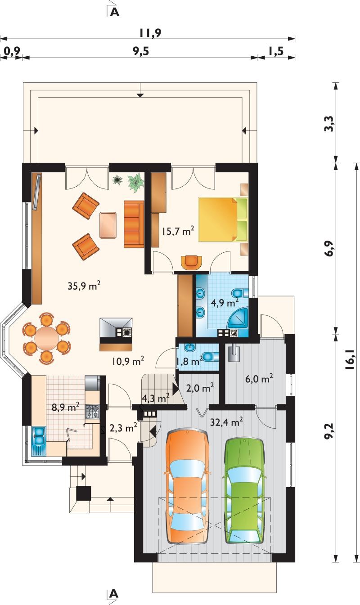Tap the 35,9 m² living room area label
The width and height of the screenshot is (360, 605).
click(84, 286)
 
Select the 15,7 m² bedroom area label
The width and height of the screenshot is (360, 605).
click(178, 231)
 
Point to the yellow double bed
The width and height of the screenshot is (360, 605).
click(223, 219)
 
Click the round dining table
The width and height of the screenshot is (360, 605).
click(46, 338)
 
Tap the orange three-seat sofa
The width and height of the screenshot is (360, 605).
click(134, 224)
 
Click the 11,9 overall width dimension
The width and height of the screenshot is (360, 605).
click(150, 33)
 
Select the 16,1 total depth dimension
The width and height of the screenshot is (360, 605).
click(351, 359)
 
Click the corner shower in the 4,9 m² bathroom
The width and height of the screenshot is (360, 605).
click(238, 318)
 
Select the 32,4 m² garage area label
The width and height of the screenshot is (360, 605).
click(226, 421)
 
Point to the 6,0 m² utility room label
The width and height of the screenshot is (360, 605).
click(259, 379)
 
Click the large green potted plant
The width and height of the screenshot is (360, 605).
click(136, 183)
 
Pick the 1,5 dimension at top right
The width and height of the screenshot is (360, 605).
click(276, 50)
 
